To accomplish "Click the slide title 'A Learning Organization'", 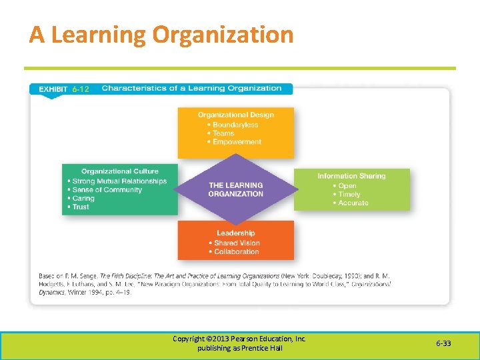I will tap(161, 35).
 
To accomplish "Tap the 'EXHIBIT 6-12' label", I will tap(63, 89).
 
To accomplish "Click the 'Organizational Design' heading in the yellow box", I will tap(235, 115).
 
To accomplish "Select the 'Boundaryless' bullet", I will tap(235, 125).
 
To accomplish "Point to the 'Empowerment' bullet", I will tap(237, 141).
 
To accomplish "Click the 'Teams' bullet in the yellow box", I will tap(224, 133).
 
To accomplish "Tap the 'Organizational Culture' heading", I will tap(120, 171).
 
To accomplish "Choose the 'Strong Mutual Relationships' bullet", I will tap(119, 181).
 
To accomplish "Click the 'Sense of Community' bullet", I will tap(107, 190).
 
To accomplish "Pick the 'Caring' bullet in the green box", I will tap(83, 199).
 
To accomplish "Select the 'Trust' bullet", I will tap(81, 207).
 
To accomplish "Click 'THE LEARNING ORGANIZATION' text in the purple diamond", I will tap(235, 189).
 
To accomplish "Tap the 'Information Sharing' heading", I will tap(351, 176).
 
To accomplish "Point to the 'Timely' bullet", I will tap(349, 195).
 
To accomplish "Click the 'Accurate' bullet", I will tap(353, 203).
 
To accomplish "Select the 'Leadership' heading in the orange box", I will tap(235, 233).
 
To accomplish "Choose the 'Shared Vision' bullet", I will tap(237, 243).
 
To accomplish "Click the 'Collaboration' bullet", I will tap(237, 251).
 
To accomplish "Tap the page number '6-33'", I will tap(443, 343).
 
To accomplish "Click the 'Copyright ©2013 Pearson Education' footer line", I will tap(239, 339).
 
